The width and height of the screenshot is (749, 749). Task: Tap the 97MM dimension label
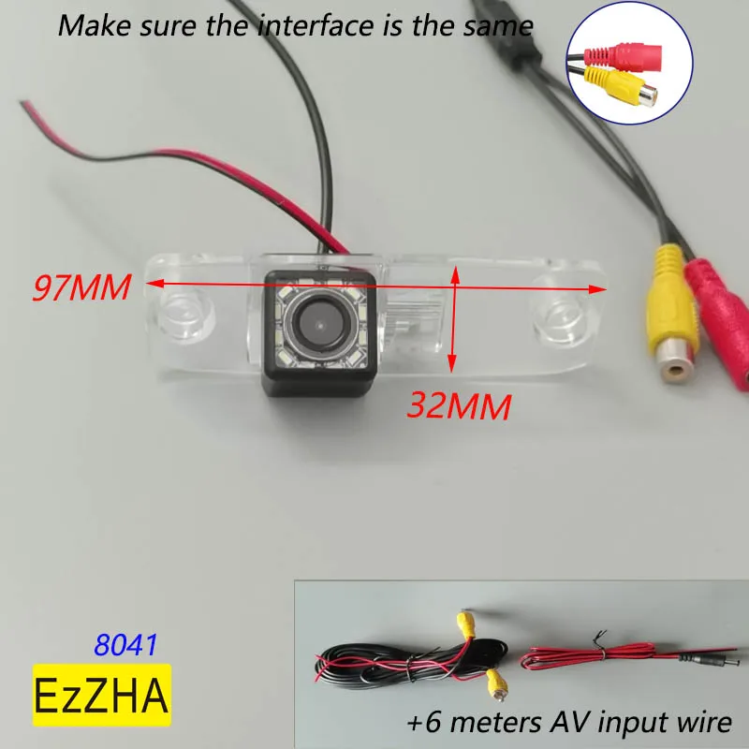(81, 286)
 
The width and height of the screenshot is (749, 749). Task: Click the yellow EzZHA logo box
(103, 695)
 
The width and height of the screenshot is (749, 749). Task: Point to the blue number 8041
(125, 644)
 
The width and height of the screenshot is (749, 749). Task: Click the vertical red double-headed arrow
(454, 318)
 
